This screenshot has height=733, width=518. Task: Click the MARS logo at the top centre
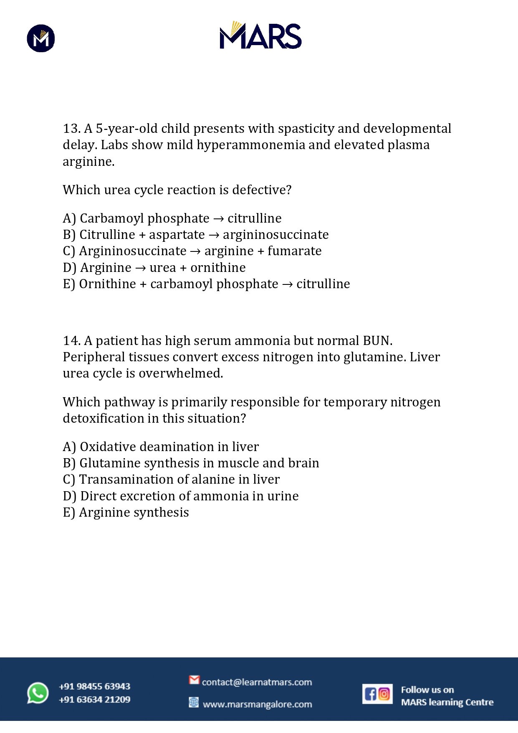click(x=260, y=36)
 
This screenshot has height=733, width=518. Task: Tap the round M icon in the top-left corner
click(x=41, y=38)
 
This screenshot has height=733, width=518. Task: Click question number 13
click(x=71, y=129)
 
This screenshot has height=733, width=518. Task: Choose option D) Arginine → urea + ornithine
click(x=154, y=268)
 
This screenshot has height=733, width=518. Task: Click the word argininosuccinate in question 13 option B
click(x=275, y=235)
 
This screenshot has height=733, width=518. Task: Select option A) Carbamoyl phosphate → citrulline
click(x=172, y=218)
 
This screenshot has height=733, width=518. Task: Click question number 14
click(x=71, y=341)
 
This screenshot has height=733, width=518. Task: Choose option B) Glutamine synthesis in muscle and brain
click(x=191, y=463)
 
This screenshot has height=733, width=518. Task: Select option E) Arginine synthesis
click(x=126, y=512)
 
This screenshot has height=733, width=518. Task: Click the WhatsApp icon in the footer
click(x=38, y=693)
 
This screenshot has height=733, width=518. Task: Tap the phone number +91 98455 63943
click(x=95, y=686)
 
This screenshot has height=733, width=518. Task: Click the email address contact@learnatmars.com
click(x=257, y=682)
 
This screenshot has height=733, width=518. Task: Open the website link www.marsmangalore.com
click(x=257, y=704)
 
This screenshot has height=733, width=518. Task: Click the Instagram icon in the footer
click(x=384, y=694)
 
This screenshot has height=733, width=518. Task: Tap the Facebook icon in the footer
click(x=370, y=694)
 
